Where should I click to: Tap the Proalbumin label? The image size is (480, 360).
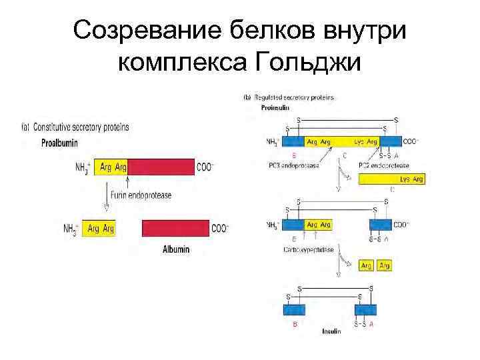[x=61, y=142]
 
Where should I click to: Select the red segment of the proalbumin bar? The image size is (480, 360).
[x=160, y=167]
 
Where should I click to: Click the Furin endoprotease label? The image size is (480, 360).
[x=141, y=195]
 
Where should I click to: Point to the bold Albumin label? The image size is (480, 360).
[x=176, y=249]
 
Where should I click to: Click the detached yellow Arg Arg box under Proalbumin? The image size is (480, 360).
[x=99, y=229]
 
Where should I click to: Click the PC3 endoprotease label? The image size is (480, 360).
[x=293, y=165]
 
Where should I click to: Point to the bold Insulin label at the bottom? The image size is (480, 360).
[x=331, y=331]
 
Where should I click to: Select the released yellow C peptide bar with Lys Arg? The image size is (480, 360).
[x=391, y=179]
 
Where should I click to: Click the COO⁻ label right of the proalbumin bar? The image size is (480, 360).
[x=205, y=167]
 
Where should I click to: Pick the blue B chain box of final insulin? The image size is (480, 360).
[x=294, y=311]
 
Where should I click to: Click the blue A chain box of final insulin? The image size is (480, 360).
[x=363, y=311]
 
